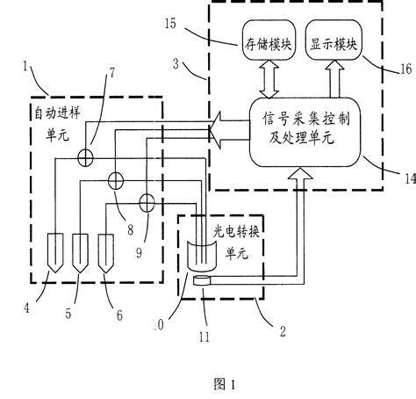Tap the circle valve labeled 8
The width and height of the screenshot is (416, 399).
click(116, 182)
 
